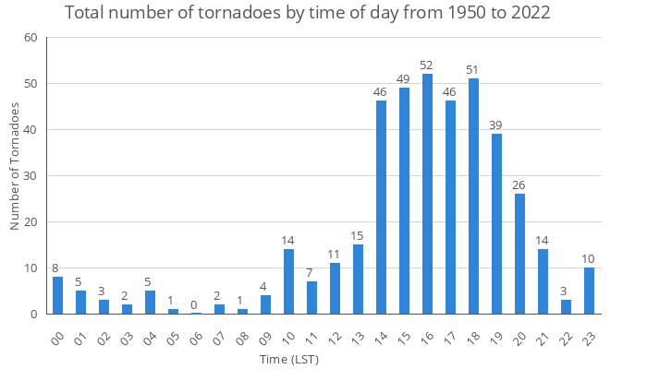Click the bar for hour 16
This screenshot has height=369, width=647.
[427, 194]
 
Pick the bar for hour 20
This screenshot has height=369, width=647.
[519, 254]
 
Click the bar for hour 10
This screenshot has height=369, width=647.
[288, 281]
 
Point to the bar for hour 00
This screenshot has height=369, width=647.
[57, 295]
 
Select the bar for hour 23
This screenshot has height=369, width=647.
[589, 291]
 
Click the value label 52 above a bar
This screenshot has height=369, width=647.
[427, 65]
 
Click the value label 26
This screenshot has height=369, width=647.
[519, 185]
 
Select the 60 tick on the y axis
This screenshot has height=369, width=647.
[31, 38]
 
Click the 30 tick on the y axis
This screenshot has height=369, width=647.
[31, 176]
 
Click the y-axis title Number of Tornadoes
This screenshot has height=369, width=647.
[15, 166]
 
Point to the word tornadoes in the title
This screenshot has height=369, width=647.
[225, 14]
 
